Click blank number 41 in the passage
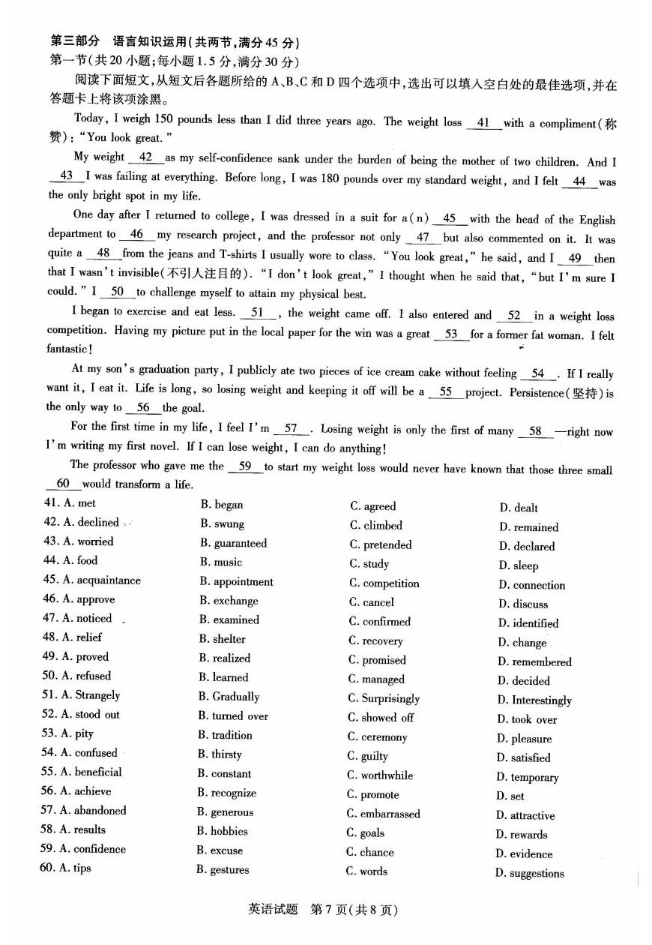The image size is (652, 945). tap(483, 122)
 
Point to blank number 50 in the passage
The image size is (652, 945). tap(117, 292)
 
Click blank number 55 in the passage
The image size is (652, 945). tap(445, 391)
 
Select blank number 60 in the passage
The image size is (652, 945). tap(63, 484)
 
